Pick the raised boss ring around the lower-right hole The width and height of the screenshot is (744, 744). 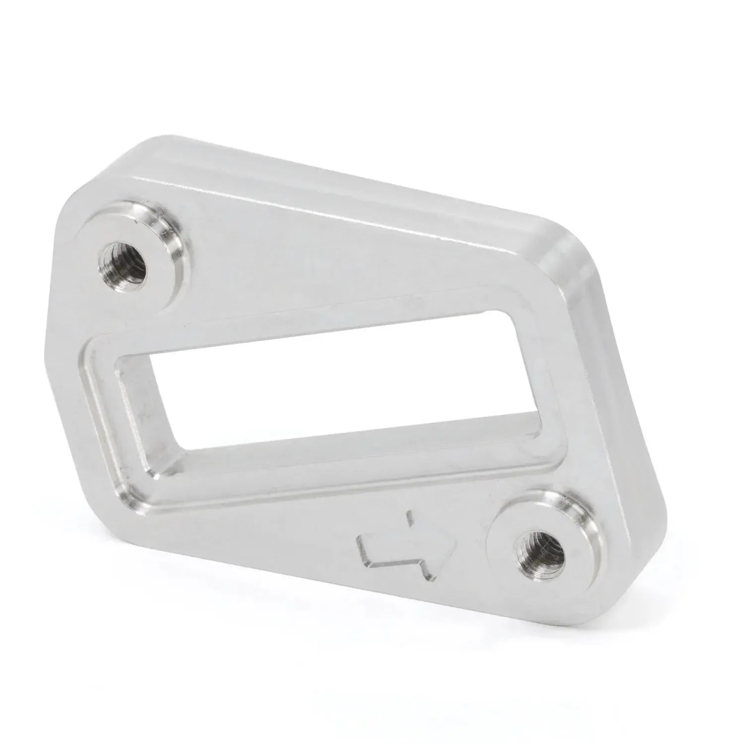pos(578,521)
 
